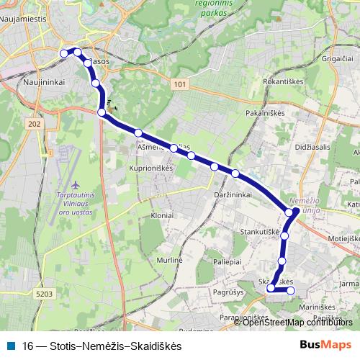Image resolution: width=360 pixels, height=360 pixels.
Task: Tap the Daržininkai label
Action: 233,195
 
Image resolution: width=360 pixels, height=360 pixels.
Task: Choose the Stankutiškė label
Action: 260,233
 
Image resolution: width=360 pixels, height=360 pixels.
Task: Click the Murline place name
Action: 171,259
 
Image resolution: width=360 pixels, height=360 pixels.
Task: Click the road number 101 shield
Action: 181,85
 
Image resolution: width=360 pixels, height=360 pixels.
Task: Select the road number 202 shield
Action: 34,125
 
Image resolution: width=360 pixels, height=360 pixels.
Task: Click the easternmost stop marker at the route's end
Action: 292,291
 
